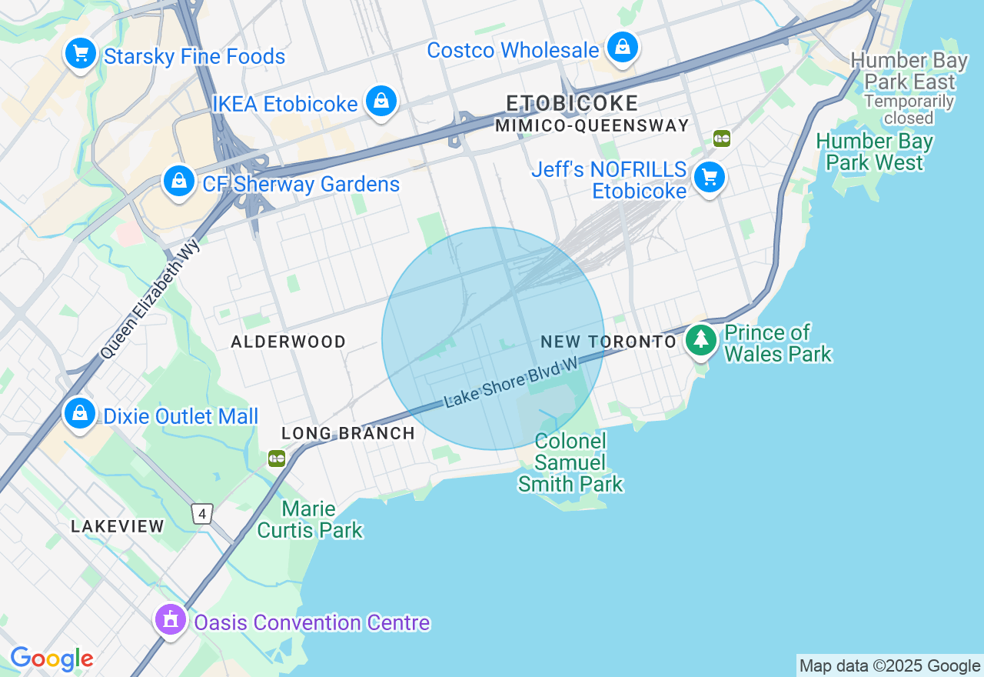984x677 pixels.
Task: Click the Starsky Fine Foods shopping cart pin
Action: coord(80,54)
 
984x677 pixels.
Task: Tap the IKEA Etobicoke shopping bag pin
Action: coord(381,101)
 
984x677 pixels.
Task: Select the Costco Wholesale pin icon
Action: coord(623,48)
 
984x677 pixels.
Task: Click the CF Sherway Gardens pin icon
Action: coord(178,182)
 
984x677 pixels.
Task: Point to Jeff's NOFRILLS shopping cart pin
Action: coord(710,178)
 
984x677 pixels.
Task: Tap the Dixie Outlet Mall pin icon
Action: coord(79,414)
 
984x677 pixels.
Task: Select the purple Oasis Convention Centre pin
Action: coord(170,619)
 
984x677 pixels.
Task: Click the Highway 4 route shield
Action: coord(202,514)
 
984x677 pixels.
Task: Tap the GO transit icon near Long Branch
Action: coord(277,459)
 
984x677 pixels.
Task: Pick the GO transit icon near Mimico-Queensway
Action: coord(721,138)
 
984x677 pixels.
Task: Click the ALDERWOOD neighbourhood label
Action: coord(288,342)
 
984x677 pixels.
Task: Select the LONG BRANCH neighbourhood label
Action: coord(348,434)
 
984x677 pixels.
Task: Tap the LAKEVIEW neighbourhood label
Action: coord(118,527)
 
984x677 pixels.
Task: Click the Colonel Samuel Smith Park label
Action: coord(570,462)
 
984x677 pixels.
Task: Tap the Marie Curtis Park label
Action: coord(310,519)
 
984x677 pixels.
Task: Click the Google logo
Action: coord(52,659)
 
